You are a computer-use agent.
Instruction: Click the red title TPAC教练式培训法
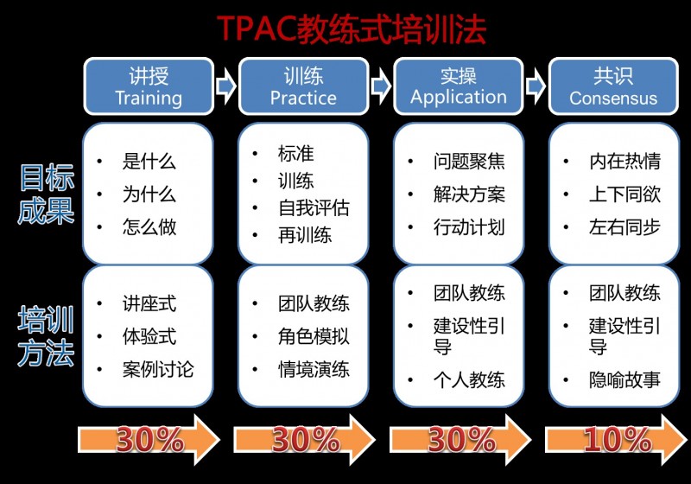click(352, 29)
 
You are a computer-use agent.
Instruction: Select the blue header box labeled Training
click(149, 86)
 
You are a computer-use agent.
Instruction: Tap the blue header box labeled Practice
click(304, 86)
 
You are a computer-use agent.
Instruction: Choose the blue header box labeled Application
click(459, 86)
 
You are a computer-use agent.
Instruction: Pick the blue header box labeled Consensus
click(613, 86)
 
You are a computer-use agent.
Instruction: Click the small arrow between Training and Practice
click(226, 86)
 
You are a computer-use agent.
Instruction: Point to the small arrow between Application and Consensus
click(536, 86)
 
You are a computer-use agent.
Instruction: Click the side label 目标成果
click(47, 194)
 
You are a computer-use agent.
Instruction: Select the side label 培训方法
click(47, 336)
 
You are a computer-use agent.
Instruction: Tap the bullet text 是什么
click(149, 162)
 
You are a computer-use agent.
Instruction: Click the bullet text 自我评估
click(314, 208)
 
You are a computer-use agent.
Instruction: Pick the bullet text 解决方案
click(469, 194)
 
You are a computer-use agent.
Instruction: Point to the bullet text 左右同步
click(624, 227)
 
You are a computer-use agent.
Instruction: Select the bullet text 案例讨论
click(158, 369)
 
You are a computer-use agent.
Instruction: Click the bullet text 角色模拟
click(314, 337)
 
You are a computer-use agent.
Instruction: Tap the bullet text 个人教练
click(469, 380)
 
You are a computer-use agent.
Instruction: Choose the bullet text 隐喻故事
click(624, 380)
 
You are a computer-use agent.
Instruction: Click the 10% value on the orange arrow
click(617, 439)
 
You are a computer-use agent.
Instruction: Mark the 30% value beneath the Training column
click(149, 439)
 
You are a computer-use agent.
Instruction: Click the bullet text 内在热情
click(624, 162)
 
